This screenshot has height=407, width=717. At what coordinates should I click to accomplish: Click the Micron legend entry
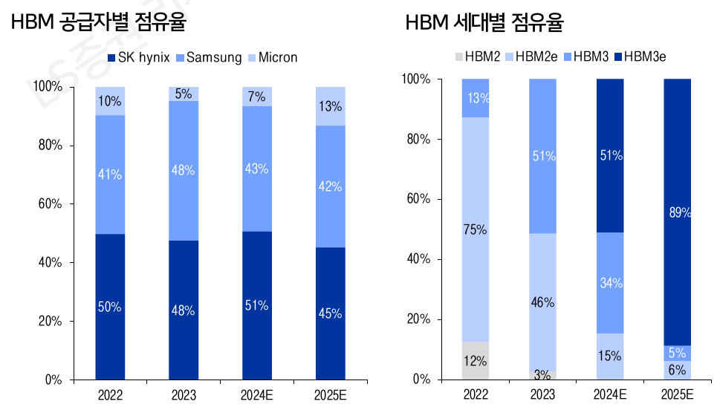point(276,57)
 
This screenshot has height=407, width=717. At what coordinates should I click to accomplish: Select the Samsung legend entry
point(214,57)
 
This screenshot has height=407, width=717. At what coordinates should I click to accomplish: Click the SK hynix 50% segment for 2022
point(110,307)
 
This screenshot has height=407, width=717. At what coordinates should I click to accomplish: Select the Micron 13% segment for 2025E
point(331,106)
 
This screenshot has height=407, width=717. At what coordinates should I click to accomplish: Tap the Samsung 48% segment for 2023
point(184,170)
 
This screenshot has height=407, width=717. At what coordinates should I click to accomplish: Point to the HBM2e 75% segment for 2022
point(476,229)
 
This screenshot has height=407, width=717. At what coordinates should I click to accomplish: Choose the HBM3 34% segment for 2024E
point(610,283)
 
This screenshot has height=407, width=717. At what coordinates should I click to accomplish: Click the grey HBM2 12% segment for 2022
point(476,361)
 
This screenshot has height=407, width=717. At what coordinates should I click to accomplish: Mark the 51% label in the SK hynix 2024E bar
point(257,306)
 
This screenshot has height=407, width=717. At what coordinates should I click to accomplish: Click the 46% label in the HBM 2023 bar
point(542,302)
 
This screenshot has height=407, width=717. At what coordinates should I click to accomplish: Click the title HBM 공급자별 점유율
point(98,22)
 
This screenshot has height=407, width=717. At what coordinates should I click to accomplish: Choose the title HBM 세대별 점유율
point(484,22)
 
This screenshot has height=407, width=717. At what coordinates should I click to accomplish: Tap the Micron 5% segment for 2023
point(184,94)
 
